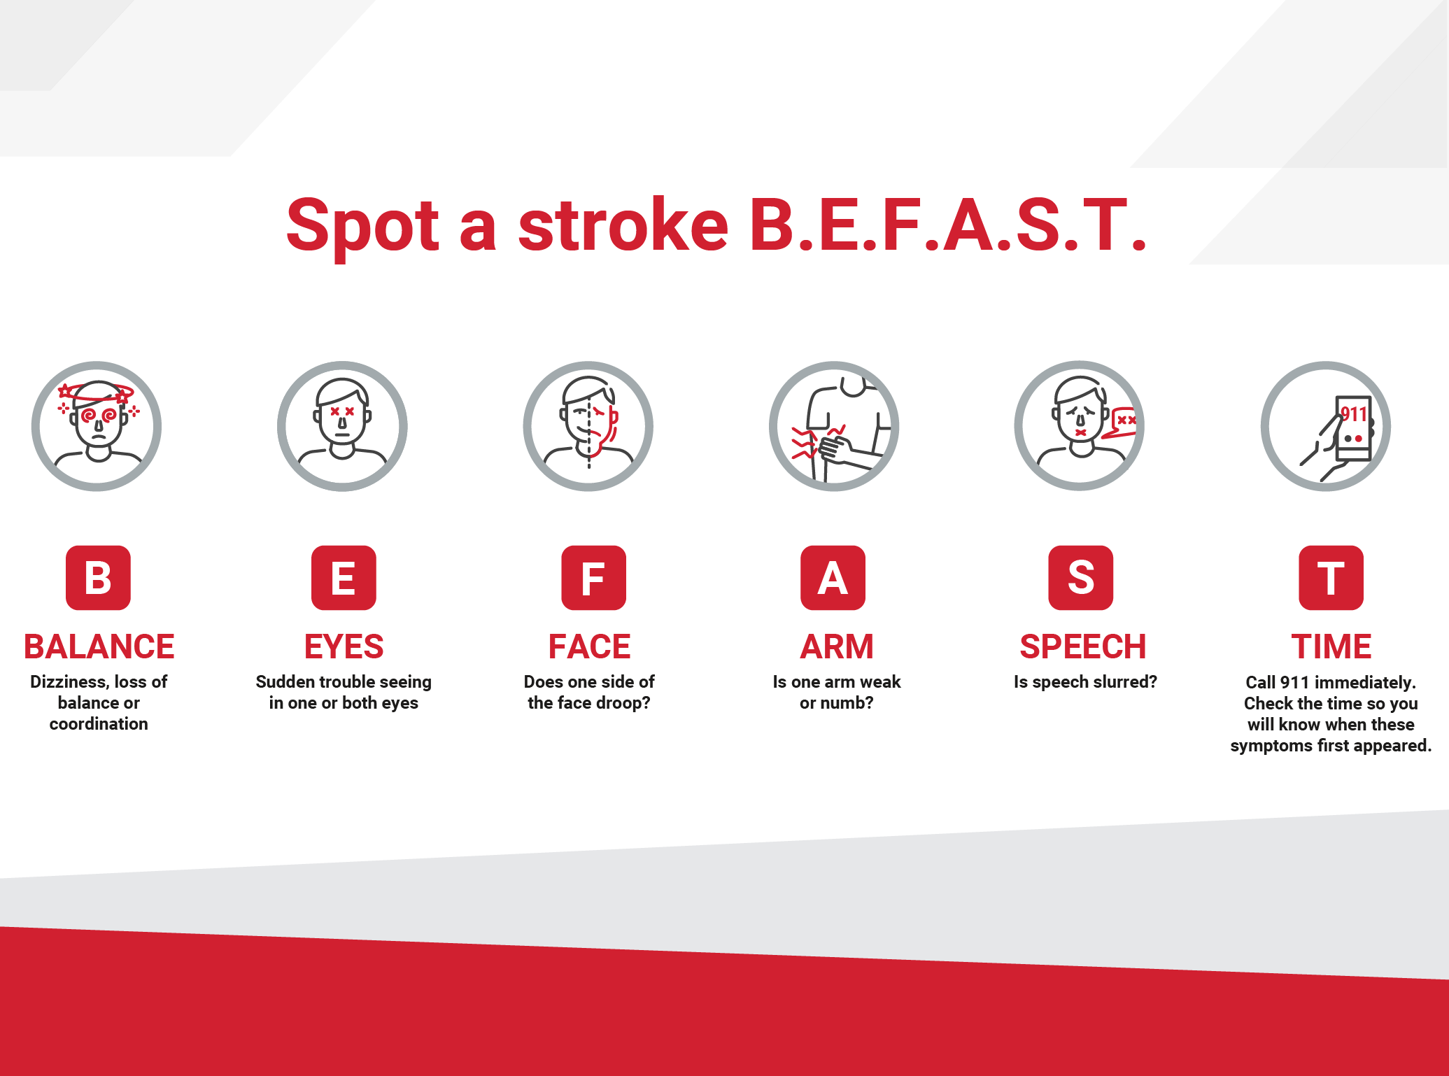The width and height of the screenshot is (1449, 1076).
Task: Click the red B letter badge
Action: pos(98,578)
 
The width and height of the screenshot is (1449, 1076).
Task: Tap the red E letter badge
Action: pos(344,578)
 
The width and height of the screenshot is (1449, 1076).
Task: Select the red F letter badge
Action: pos(593,578)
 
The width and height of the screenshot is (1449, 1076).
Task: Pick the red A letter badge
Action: pos(833,578)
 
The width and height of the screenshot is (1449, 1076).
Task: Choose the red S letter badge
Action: pos(1080,578)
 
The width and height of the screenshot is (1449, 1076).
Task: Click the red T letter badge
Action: pos(1331,578)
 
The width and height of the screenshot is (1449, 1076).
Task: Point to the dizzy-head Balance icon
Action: pos(97,426)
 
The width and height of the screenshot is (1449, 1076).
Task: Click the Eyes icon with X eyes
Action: pos(342,426)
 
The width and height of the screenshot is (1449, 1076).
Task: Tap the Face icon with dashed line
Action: pos(588,426)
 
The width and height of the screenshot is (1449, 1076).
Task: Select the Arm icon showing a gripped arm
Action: pos(834,426)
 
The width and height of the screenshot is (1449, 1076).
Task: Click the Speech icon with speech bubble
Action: pos(1080,426)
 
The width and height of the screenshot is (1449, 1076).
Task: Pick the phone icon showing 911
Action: pos(1325,426)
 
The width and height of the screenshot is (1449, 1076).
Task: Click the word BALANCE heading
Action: pos(99,646)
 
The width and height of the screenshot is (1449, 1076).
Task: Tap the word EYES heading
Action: pos(344,646)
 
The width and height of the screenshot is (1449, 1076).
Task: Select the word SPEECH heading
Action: pos(1082,646)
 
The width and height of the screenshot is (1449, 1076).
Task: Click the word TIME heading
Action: pos(1331,646)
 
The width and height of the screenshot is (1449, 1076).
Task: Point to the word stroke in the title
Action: pos(623,225)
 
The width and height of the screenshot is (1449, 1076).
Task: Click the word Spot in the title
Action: pos(362,225)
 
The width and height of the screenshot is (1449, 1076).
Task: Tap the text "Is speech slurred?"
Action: pos(1085,682)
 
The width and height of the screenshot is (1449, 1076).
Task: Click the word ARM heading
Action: pos(837,646)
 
